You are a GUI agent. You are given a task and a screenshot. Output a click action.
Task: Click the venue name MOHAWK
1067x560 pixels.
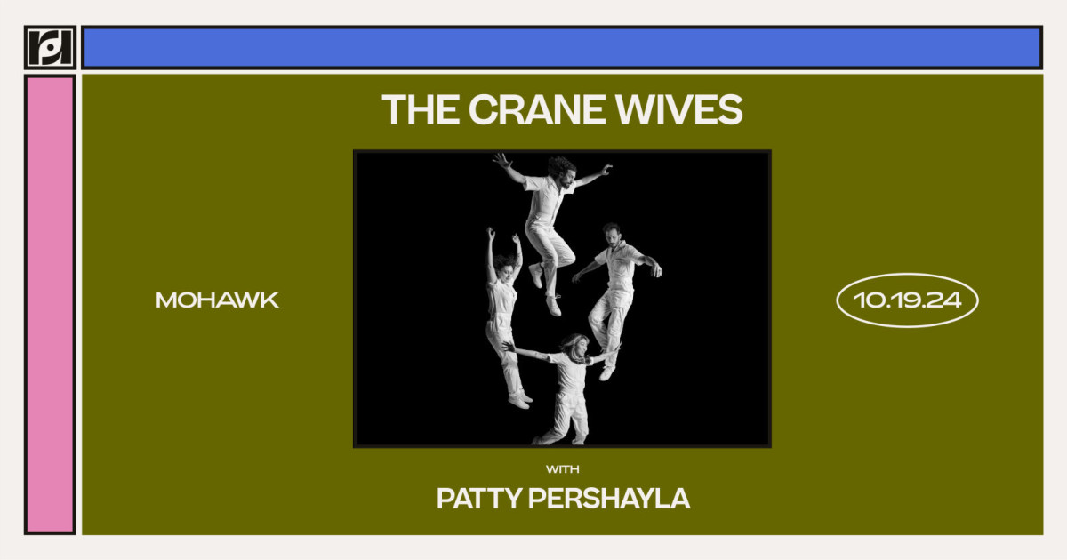click(218, 300)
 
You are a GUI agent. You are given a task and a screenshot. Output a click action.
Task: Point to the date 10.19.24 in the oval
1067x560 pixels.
click(907, 300)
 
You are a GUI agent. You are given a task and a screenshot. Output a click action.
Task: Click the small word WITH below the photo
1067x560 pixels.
click(562, 468)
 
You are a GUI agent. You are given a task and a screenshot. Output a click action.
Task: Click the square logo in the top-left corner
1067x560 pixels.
click(50, 47)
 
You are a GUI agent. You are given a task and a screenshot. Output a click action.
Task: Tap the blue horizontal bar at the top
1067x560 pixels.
click(562, 47)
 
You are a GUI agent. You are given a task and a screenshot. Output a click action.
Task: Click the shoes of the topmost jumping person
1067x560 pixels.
click(544, 289)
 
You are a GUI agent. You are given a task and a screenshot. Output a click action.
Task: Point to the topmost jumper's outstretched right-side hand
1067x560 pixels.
click(606, 169)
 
